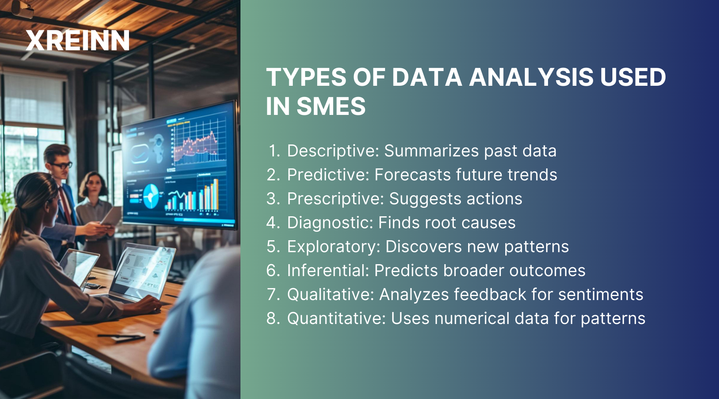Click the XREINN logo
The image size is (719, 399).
[77, 41]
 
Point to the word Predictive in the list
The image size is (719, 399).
[328, 175]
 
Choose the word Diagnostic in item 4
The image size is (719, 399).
[329, 223]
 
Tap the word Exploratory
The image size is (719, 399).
[333, 247]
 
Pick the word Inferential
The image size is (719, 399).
[328, 271]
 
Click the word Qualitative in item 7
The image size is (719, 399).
[330, 295]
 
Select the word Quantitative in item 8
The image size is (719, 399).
[336, 319]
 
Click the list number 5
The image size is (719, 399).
[273, 247]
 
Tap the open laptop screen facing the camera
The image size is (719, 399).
[142, 271]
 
